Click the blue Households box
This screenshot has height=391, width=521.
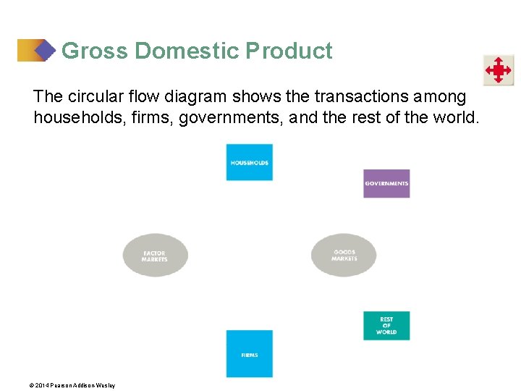pos(249,162)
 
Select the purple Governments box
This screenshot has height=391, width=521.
pos(386,183)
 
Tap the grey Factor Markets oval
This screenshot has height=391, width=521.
pos(155,256)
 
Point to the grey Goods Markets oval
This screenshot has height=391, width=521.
pos(344,255)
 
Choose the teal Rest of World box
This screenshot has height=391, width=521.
pos(386,326)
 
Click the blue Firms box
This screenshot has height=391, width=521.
pos(249,353)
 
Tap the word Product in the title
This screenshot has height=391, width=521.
pos(289,51)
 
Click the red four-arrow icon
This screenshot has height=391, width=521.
pos(499,70)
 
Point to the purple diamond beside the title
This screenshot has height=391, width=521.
pos(45,50)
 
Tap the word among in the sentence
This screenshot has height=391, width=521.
pos(441,96)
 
